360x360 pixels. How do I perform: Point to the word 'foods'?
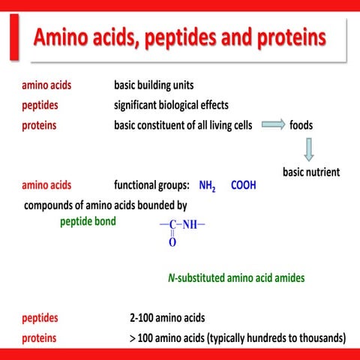click(302, 125)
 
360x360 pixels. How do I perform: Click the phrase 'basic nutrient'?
click(310, 172)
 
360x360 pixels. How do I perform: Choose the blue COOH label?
click(243, 184)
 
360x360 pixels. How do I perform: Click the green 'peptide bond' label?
click(88, 221)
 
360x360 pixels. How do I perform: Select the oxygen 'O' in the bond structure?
click(172, 242)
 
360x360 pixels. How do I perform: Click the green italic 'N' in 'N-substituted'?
click(171, 278)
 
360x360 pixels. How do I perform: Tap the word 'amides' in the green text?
click(287, 278)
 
